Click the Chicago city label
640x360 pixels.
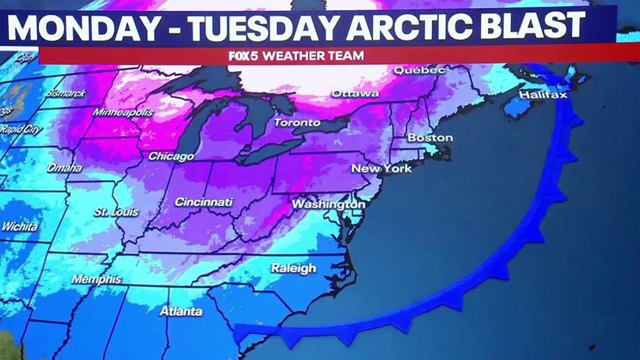tap(171, 156)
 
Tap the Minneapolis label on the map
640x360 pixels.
tap(123, 112)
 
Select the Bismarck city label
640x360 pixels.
tap(66, 93)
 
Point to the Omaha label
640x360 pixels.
tap(64, 168)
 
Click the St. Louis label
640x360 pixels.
tap(116, 212)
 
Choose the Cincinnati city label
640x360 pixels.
tap(204, 202)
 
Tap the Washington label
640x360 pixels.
tap(328, 205)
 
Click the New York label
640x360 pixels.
tap(381, 169)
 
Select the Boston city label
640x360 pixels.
tap(430, 138)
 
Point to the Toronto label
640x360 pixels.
tap(297, 123)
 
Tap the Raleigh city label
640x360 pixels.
tap(293, 268)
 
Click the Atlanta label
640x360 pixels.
tap(181, 311)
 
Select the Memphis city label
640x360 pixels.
tap(96, 279)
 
